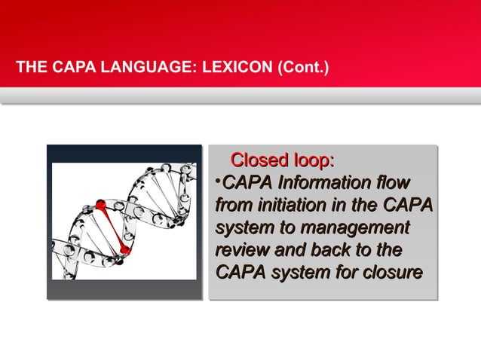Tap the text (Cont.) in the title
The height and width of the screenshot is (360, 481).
tap(302, 72)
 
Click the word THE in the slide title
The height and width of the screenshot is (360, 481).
tap(30, 72)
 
